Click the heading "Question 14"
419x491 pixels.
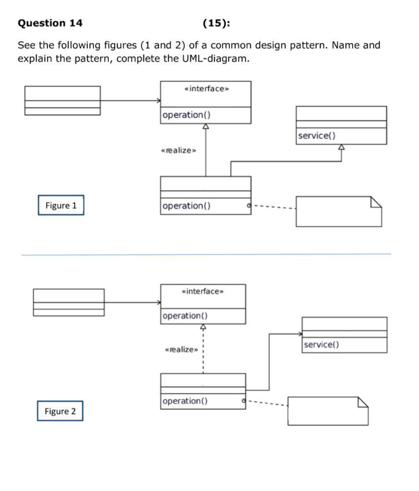(x=50, y=23)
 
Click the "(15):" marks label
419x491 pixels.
(x=216, y=23)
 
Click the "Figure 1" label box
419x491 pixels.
(x=61, y=205)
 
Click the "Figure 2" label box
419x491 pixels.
(x=60, y=411)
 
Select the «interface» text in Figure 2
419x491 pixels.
(x=203, y=292)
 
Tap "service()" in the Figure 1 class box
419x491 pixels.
(x=317, y=136)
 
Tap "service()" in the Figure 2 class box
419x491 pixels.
(x=321, y=344)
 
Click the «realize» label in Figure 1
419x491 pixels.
(x=179, y=151)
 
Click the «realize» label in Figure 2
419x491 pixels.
(x=181, y=350)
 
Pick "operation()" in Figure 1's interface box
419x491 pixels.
(x=187, y=115)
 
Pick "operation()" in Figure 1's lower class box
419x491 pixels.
(x=187, y=206)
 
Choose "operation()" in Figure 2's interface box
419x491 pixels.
(x=185, y=316)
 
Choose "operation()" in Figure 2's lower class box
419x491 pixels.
(x=185, y=401)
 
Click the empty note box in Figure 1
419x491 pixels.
(x=338, y=211)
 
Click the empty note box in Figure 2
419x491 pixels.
(x=328, y=411)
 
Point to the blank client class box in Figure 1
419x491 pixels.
(x=62, y=100)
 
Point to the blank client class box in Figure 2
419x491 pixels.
(x=69, y=302)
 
